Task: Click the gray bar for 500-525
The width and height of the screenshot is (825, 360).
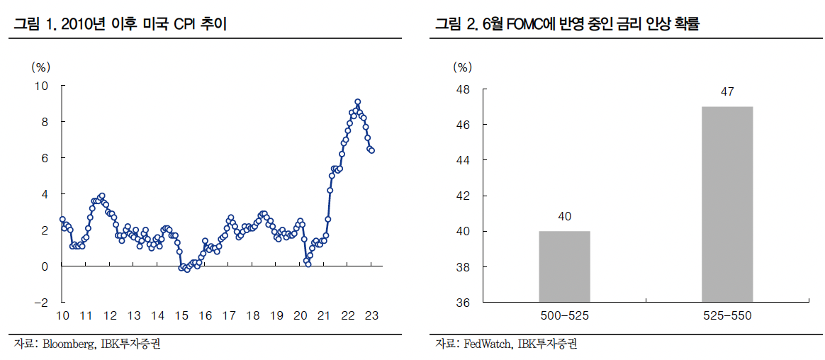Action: pos(564,266)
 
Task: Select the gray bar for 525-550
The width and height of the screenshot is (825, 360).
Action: pos(727,204)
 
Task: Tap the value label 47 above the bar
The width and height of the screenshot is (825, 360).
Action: pos(727,92)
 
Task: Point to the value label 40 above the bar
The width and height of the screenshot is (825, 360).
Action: pos(564,216)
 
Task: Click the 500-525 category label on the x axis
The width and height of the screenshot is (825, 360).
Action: pos(564,316)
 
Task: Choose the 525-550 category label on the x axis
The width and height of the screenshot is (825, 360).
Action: pos(727,316)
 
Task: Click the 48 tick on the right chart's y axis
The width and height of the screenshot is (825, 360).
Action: pos(464,89)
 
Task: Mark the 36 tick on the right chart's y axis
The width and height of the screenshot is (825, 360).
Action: pos(464,303)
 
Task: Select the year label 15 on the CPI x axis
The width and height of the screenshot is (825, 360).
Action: pos(181,316)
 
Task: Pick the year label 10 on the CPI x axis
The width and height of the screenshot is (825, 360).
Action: pos(62,316)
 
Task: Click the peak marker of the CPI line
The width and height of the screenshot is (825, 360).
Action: pos(358,102)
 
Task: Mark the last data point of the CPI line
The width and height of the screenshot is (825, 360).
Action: pos(372,150)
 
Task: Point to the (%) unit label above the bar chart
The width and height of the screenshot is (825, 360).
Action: pos(462,68)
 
